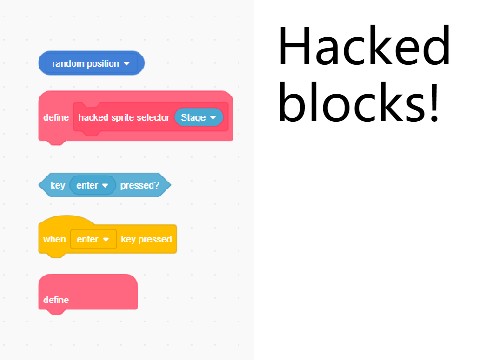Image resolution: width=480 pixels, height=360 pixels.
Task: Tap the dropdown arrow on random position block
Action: (x=128, y=64)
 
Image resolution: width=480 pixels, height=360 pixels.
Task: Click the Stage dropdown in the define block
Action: (x=198, y=118)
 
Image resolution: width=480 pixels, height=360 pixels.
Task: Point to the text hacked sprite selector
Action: (x=124, y=118)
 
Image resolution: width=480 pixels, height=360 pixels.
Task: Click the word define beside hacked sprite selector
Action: (x=56, y=118)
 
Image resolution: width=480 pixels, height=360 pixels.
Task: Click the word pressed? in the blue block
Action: (x=140, y=185)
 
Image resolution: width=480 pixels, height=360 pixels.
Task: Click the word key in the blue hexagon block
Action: (x=57, y=185)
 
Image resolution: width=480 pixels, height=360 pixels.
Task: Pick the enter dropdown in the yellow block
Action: (x=92, y=240)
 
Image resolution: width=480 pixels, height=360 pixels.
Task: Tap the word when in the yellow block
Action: (x=54, y=240)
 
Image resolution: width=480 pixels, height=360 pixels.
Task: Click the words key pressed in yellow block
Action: (x=146, y=240)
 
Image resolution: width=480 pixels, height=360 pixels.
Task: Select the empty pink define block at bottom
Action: (x=88, y=291)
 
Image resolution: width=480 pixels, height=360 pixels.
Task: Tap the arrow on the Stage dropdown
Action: (x=213, y=118)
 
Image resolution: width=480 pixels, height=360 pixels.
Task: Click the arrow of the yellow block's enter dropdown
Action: (x=104, y=240)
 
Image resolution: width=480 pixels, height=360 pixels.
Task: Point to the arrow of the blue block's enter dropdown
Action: (x=104, y=186)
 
